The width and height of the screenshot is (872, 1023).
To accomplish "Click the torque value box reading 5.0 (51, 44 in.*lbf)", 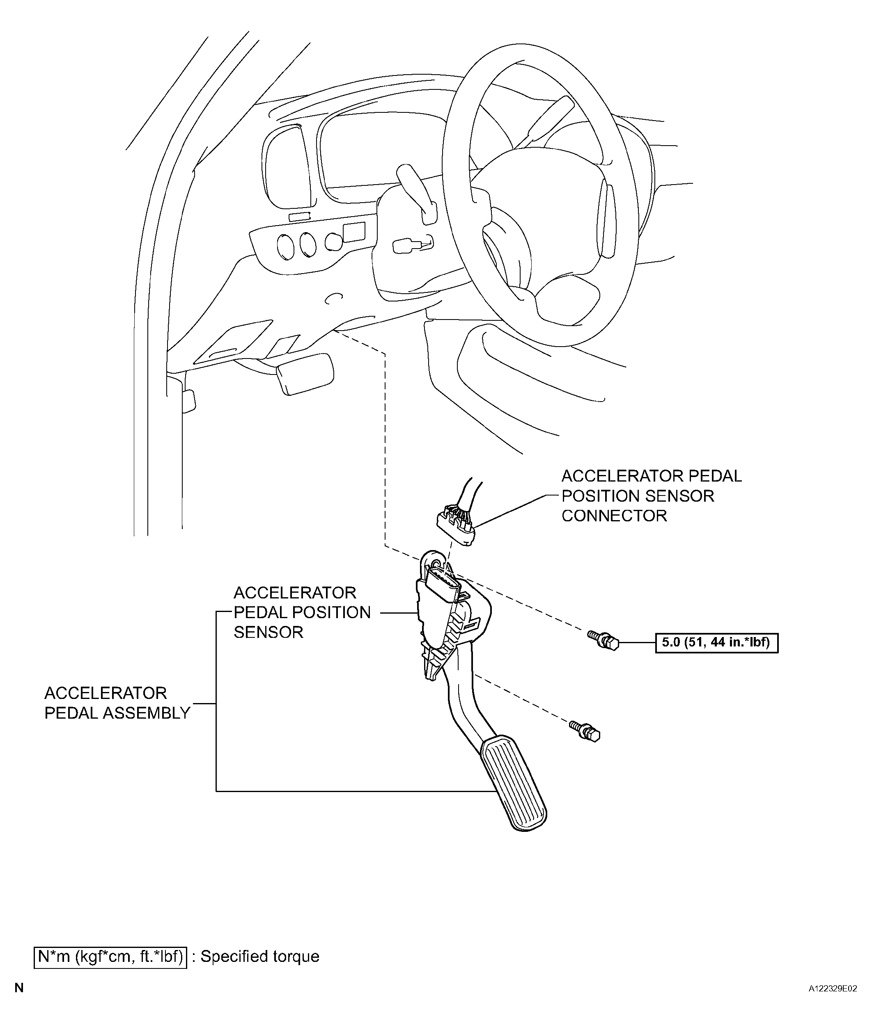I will (716, 643).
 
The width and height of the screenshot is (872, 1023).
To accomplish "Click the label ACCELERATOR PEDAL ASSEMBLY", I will (117, 703).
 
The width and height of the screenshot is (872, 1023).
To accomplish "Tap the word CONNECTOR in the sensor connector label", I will (614, 516).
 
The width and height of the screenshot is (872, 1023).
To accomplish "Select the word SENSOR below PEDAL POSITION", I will (268, 632).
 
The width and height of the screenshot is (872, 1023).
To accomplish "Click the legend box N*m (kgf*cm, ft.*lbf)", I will (110, 957).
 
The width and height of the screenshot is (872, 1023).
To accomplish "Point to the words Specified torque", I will (260, 957).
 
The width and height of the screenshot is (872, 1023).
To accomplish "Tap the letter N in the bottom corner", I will (19, 1002).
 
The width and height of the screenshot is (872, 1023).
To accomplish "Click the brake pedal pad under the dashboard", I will (305, 373).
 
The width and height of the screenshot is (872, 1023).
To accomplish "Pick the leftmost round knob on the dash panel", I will (285, 247).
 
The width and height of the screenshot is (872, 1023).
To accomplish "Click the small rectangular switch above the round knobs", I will (299, 216).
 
